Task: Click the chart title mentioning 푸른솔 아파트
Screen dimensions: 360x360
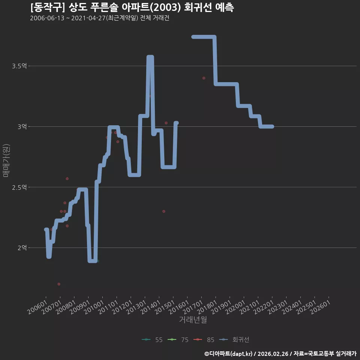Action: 132,7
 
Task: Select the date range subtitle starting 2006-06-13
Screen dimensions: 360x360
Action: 100,18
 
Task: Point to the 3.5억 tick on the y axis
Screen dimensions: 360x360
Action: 19,66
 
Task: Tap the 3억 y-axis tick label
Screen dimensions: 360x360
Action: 22,127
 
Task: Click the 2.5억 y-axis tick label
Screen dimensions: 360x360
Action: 19,187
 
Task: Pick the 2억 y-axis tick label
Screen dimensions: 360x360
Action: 22,248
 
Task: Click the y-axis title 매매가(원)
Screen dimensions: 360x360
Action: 6,160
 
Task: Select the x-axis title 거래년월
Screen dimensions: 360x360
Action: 193,319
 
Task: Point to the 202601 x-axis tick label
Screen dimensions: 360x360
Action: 321,307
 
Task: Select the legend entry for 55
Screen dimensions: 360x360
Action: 152,340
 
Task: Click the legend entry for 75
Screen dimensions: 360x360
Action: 178,340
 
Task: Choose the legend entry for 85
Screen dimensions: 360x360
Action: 204,340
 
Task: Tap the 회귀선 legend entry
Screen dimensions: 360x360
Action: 234,340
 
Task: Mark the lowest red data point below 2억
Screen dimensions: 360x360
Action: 59,284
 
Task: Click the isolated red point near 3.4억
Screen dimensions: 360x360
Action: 204,78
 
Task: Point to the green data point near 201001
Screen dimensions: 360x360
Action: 98,261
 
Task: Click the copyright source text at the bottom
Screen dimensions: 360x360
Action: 280,354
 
